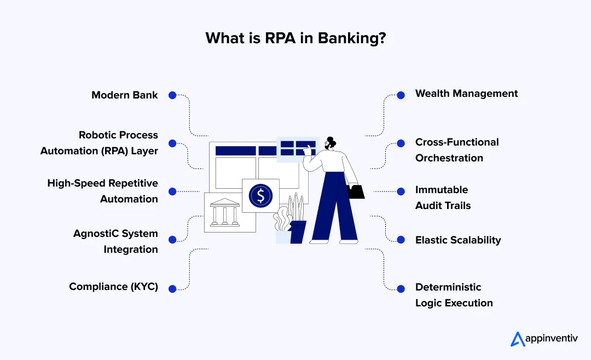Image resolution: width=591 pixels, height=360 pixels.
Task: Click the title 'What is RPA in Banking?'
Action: [295, 38]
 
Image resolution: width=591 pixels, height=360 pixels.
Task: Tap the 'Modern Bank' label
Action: [125, 95]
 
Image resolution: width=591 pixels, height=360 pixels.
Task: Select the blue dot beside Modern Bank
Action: [172, 95]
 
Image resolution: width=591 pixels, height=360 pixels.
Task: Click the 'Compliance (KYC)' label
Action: [113, 287]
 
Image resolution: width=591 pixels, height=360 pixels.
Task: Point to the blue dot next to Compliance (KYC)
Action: [172, 288]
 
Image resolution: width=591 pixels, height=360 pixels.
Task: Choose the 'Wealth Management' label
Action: [466, 94]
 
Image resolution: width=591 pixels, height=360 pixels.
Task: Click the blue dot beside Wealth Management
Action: [401, 95]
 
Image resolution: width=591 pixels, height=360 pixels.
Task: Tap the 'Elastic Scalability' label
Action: [458, 240]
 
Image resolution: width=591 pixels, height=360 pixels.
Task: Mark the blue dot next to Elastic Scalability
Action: [401, 240]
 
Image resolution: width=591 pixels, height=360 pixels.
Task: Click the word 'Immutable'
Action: [442, 190]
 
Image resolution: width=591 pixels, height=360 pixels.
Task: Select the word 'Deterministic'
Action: [448, 287]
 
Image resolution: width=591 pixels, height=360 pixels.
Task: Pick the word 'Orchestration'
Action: [449, 158]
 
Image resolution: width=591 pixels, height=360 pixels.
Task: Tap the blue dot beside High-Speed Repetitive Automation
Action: [172, 191]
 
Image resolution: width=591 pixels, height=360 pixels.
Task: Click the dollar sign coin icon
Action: [260, 195]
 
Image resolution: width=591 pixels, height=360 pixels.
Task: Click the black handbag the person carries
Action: [356, 191]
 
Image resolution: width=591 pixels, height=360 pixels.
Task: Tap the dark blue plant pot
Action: [298, 232]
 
